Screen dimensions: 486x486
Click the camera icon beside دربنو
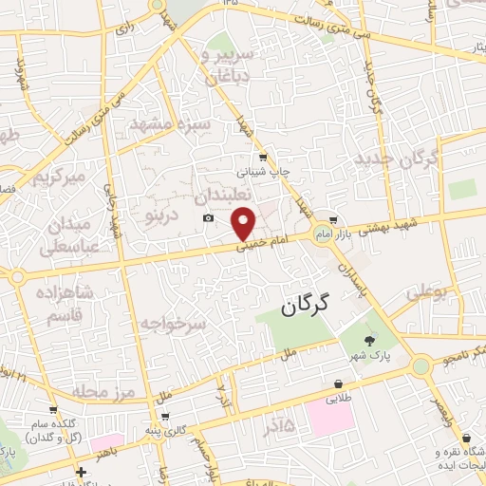coord(208,218)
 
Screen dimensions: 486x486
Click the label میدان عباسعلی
coord(65,237)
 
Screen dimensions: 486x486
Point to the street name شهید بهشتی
coord(380,219)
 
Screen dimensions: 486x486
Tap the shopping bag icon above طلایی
coord(338,383)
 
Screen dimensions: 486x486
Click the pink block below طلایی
coord(327,418)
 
